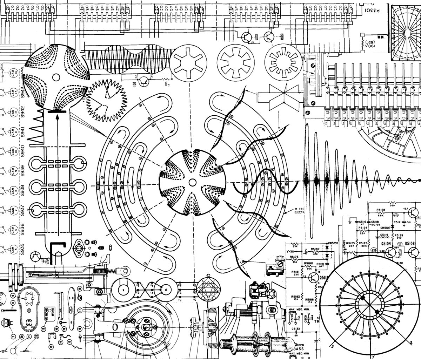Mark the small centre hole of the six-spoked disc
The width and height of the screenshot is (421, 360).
tap(192, 182)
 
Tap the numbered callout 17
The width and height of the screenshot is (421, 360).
tap(80, 310)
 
